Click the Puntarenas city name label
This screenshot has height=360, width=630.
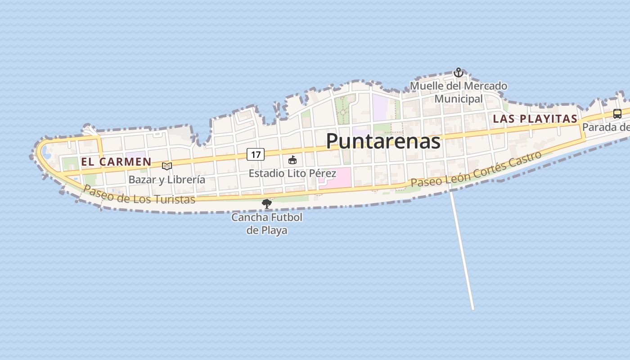[383, 141]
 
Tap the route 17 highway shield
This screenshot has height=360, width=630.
[255, 155]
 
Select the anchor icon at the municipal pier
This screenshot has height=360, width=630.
[458, 72]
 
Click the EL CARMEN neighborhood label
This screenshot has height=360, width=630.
[116, 162]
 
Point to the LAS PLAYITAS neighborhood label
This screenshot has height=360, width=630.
[535, 119]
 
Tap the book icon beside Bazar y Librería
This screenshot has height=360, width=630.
[167, 166]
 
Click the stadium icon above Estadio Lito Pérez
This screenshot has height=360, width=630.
[292, 160]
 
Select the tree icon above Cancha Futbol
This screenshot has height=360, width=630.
[267, 204]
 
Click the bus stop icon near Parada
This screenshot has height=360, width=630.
[617, 114]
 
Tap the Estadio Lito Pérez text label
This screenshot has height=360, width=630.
[292, 173]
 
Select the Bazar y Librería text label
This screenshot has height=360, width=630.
[167, 180]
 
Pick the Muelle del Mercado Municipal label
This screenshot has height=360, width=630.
[459, 92]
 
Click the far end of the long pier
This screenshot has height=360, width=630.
[472, 309]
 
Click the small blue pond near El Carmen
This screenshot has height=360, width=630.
[46, 152]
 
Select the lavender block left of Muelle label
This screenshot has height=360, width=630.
[380, 107]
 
